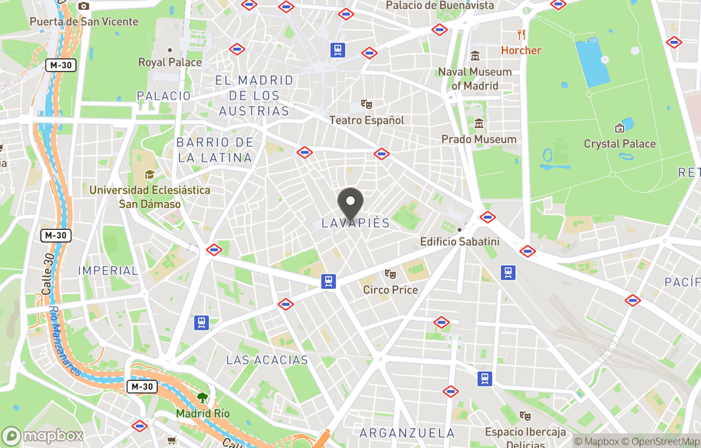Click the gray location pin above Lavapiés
351,201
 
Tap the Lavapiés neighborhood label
356,223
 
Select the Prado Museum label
479,139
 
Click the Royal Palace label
170,62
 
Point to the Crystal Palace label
620,143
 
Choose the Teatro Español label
366,120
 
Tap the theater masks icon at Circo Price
390,275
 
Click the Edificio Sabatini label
460,242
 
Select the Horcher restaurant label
521,50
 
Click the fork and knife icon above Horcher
521,34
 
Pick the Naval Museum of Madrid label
475,79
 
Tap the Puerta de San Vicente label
84,21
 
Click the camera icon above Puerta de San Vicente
84,6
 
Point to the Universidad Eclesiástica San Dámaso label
149,197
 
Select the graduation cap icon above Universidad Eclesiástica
149,175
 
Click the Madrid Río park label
203,414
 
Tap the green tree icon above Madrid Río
203,397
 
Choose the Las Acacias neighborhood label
267,360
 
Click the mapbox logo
43,436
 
